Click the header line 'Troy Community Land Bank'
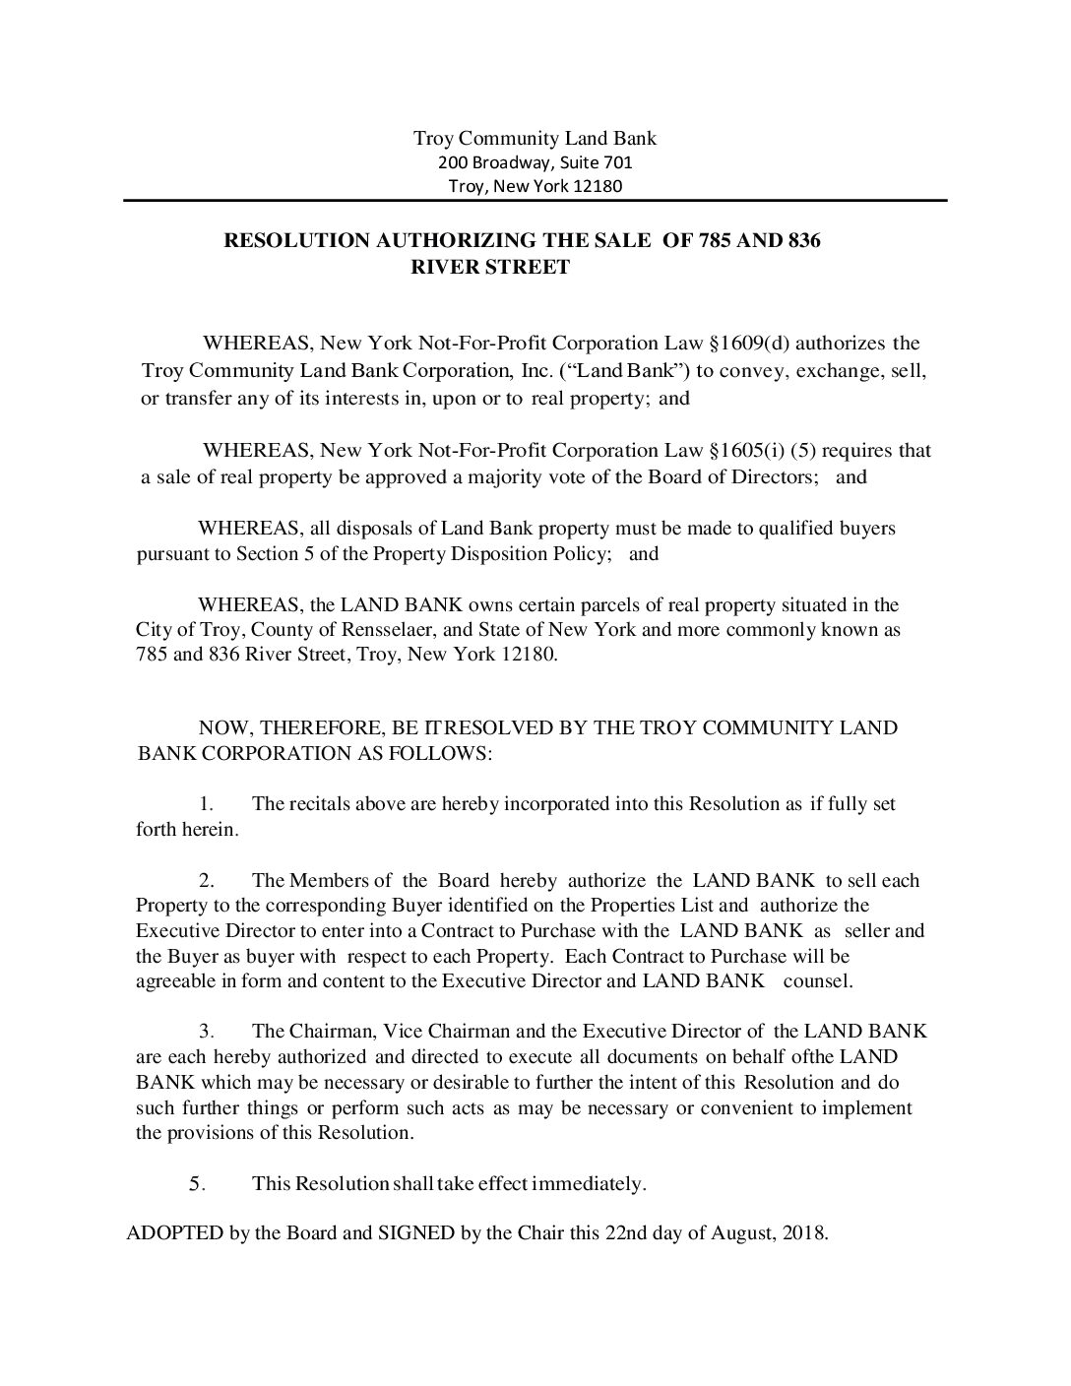coord(535,138)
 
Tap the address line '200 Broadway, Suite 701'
coord(535,162)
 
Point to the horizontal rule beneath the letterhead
coord(535,201)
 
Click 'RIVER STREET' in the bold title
coord(489,267)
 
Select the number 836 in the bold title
coord(803,240)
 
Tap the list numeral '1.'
coord(207,804)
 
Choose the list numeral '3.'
coord(207,1032)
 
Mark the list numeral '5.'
coord(197,1183)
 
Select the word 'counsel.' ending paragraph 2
coord(819,981)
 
